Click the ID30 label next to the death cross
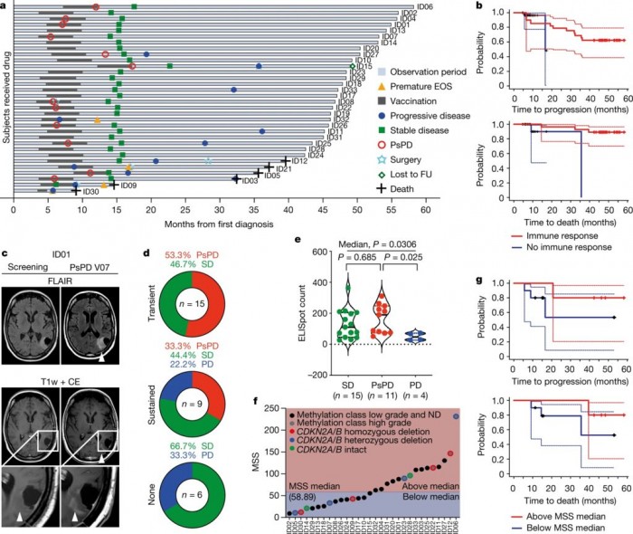click(90, 192)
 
